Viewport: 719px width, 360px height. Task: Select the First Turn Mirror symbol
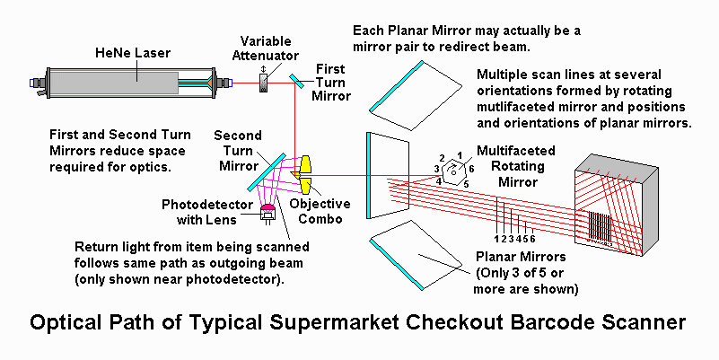pos(295,82)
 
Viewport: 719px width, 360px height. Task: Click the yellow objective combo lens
pos(307,174)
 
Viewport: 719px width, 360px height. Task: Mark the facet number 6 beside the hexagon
pos(469,168)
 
